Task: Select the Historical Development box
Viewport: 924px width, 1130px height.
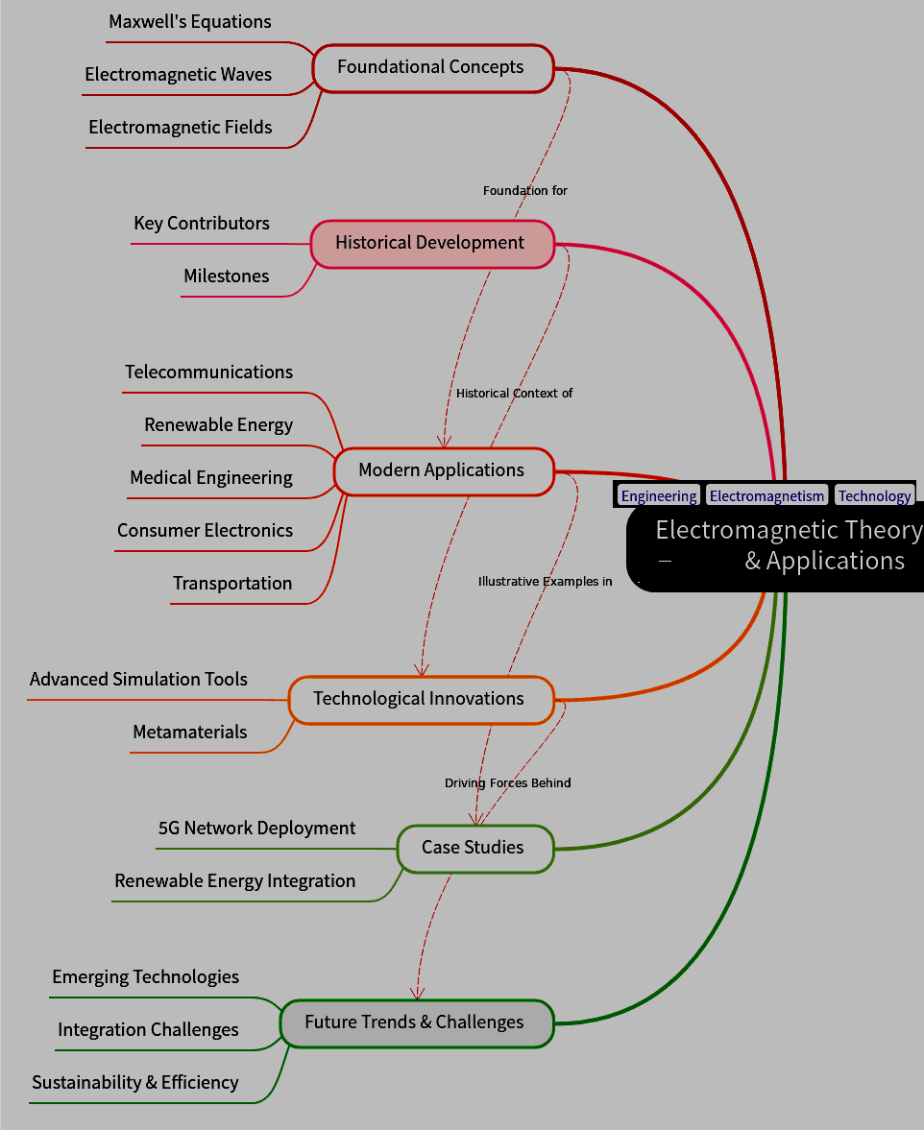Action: click(x=432, y=244)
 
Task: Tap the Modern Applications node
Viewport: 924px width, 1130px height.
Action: click(x=443, y=470)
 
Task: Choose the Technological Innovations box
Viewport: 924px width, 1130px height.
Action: click(x=421, y=699)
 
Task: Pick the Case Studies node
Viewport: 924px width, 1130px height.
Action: click(x=474, y=848)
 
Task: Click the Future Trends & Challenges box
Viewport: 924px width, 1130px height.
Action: click(x=416, y=1022)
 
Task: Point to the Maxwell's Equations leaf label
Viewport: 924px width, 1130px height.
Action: click(x=190, y=22)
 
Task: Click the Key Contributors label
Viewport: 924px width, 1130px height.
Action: click(x=202, y=224)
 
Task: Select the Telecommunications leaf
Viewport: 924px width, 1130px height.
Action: click(x=208, y=373)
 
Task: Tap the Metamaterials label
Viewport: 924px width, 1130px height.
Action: click(x=190, y=733)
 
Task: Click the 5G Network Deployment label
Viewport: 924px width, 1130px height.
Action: click(x=256, y=829)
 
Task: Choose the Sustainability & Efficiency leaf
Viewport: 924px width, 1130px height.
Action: click(x=135, y=1083)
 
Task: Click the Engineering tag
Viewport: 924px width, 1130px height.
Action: click(x=659, y=496)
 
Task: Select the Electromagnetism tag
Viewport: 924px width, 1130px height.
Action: click(x=766, y=496)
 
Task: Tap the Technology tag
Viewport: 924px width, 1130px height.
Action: click(x=874, y=496)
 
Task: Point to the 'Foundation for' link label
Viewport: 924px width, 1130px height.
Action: click(x=525, y=191)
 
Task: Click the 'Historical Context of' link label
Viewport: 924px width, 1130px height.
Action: click(x=515, y=394)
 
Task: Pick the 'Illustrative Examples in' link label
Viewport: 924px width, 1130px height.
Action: click(x=545, y=582)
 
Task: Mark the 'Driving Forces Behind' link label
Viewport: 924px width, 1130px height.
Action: click(x=507, y=783)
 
